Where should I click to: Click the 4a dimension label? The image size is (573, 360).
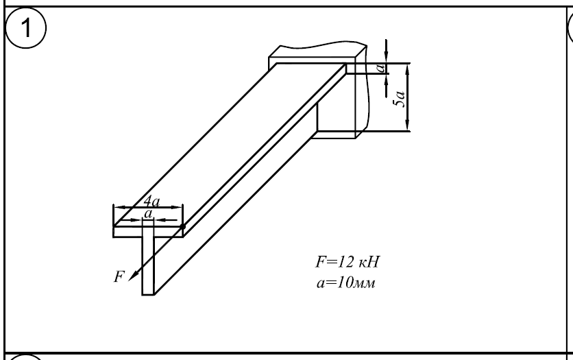(151, 201)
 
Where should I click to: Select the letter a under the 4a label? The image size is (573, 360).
(147, 214)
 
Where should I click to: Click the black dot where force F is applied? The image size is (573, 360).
(183, 226)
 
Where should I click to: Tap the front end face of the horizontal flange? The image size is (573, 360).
(148, 232)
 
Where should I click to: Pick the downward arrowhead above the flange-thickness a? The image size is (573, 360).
(387, 55)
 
